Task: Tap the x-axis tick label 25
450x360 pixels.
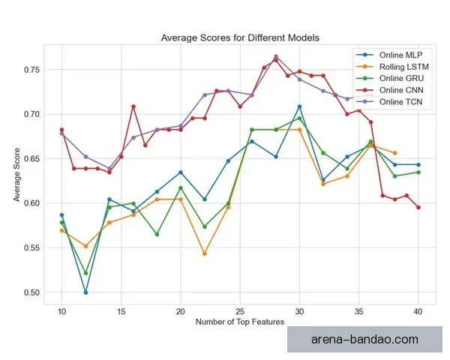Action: tap(240, 310)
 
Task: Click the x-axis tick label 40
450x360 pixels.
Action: tap(418, 310)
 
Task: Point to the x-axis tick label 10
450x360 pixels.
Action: tap(61, 310)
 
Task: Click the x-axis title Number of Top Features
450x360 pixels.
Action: tap(239, 322)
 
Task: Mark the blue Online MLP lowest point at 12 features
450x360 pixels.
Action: tap(85, 292)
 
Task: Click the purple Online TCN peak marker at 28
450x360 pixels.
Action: tap(276, 56)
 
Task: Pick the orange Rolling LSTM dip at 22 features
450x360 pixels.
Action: tap(204, 253)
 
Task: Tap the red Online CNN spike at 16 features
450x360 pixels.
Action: tap(133, 106)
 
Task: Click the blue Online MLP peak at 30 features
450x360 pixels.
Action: tap(299, 106)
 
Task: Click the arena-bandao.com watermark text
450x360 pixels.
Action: tap(364, 340)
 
